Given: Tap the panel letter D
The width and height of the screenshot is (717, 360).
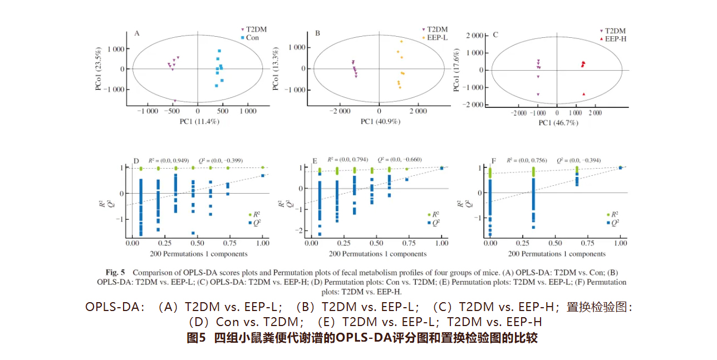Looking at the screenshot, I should coord(136,162).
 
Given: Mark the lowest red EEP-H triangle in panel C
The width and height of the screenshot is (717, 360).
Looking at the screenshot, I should coord(583,95).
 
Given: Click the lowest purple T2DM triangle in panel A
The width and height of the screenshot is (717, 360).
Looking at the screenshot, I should coord(175,101).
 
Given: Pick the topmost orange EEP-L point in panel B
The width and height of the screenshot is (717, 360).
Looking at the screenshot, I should coord(401,42).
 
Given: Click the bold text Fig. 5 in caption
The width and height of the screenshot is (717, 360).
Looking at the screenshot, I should coord(116,273).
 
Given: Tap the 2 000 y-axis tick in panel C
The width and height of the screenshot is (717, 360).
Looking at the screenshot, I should coord(474,36).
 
